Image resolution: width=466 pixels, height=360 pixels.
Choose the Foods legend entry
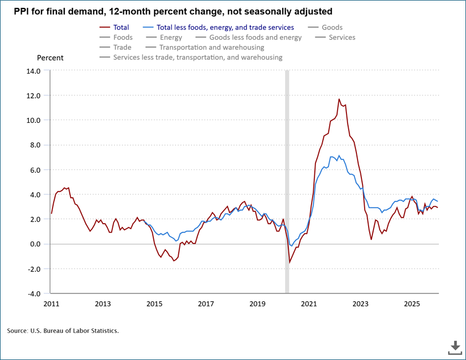coord(122,38)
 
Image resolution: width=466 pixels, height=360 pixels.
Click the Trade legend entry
coord(122,48)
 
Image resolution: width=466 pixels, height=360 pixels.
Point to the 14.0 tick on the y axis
coord(33,71)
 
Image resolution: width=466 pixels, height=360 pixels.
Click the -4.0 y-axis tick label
coord(33,294)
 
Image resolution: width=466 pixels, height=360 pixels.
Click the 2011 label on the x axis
coord(51,304)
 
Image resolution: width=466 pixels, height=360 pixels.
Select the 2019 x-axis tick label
coord(257,304)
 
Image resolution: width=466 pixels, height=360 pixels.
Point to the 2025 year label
coord(412,304)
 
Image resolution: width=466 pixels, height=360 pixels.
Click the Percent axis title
coord(50,58)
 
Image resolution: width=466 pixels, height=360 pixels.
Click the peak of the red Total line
coord(339,99)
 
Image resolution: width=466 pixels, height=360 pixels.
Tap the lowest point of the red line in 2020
coord(289,263)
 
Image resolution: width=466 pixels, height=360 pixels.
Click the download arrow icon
coord(455,347)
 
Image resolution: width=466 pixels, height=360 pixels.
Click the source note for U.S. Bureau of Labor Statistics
coord(63,331)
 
